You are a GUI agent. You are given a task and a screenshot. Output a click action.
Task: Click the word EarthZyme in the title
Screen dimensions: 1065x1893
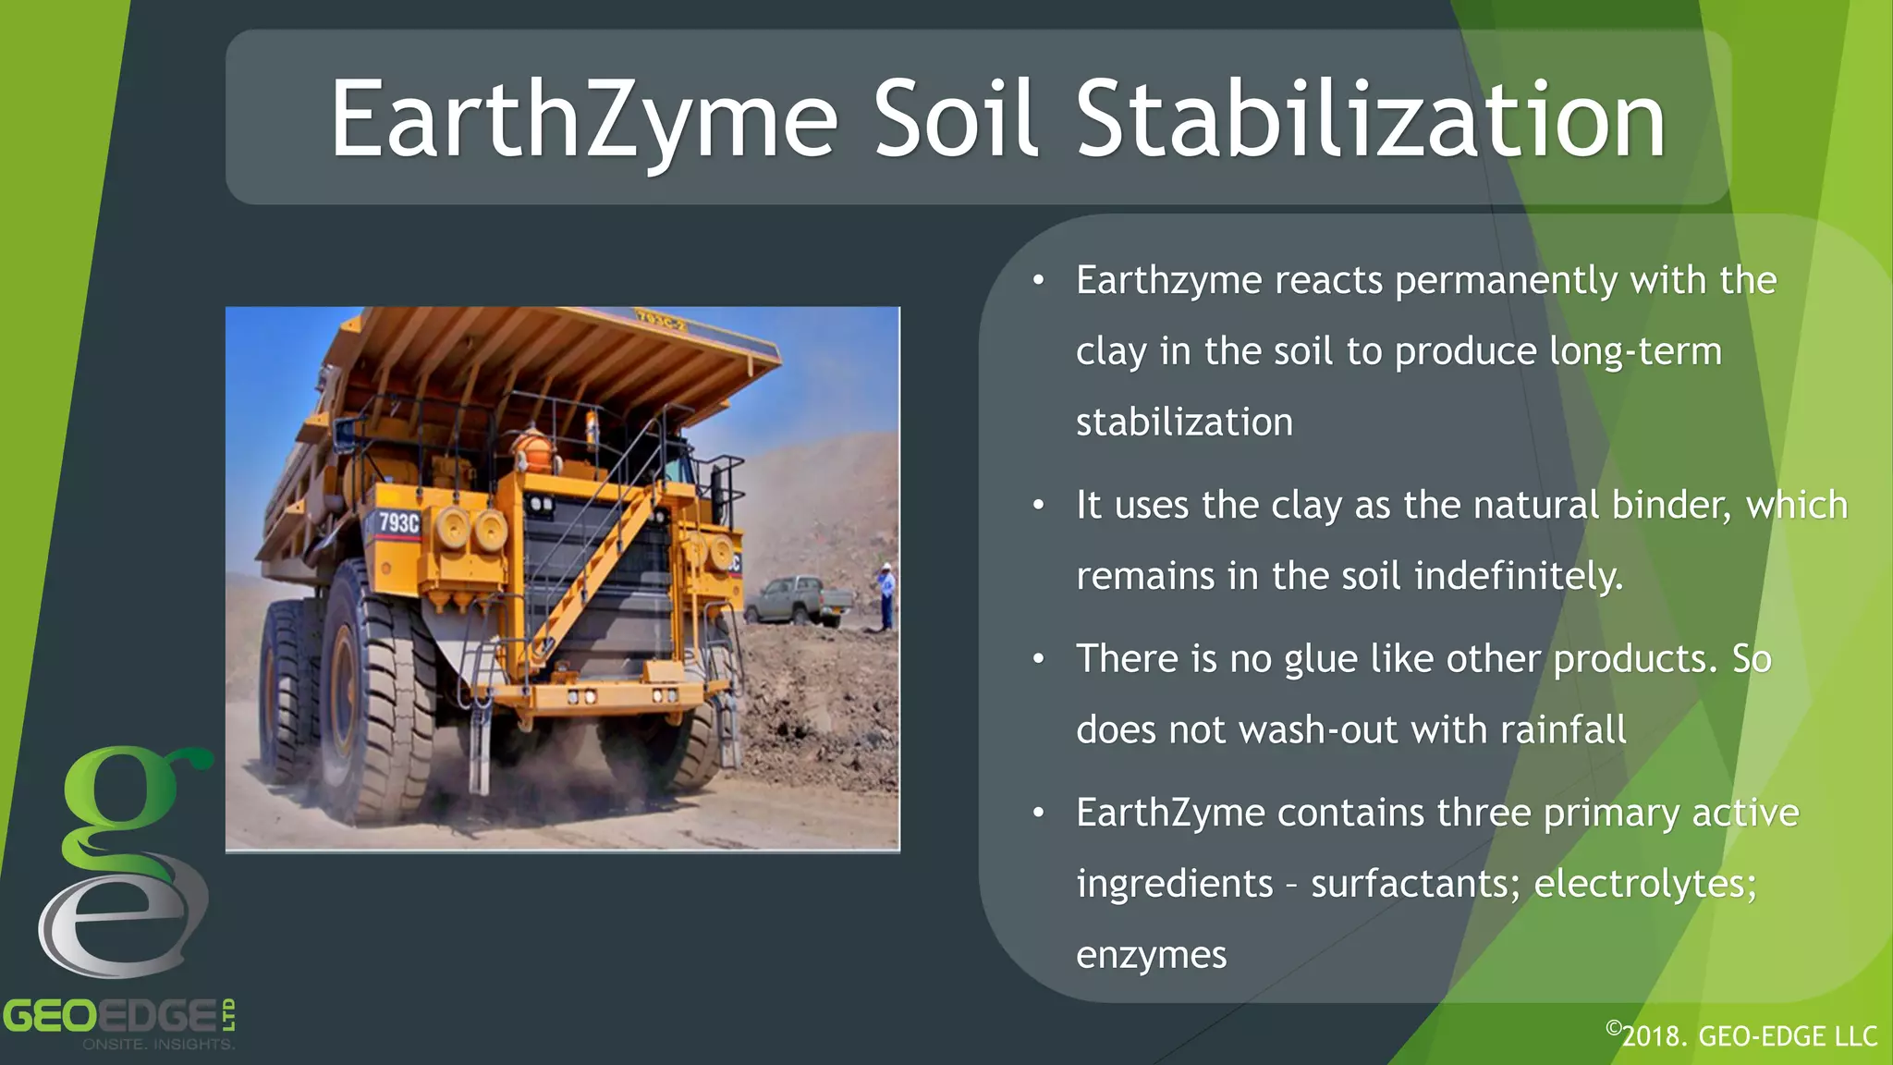[x=583, y=120]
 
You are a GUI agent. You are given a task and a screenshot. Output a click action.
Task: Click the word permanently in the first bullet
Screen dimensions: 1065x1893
[x=1506, y=281]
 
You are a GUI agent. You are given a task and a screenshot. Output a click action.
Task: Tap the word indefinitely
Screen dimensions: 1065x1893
[x=1518, y=576]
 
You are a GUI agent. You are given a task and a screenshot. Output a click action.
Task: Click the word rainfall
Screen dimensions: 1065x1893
[x=1563, y=730]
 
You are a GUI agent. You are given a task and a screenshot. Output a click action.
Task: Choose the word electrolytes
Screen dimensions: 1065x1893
[x=1645, y=884]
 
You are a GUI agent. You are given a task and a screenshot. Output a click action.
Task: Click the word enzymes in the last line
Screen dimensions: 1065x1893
[x=1151, y=955]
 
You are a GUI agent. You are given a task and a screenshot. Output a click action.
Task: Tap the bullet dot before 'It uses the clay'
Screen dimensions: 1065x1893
[x=1039, y=506]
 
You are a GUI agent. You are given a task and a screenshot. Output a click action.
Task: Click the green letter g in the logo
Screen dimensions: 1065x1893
[x=125, y=800]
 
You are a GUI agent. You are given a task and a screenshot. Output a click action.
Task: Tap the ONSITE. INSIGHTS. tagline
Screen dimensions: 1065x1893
[x=158, y=1045]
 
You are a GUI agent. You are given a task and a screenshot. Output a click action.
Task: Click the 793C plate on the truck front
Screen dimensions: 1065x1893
[x=398, y=522]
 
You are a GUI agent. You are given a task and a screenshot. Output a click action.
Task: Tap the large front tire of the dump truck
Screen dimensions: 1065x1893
[x=379, y=712]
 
